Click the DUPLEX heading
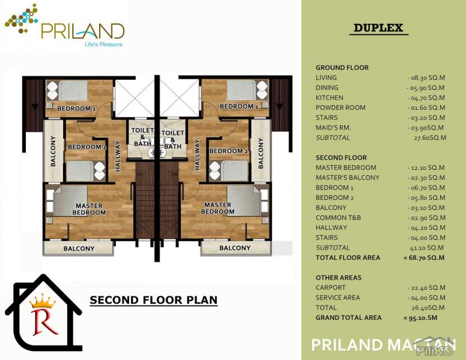click(378, 28)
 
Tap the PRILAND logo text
click(83, 31)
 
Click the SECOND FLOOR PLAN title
click(154, 300)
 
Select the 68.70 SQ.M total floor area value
click(424, 257)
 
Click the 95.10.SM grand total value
click(420, 317)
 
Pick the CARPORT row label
click(330, 287)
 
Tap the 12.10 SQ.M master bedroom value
click(426, 167)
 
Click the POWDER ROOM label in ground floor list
click(340, 107)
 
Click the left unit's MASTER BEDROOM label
click(89, 209)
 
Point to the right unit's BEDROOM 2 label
click(229, 151)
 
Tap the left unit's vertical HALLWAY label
click(118, 156)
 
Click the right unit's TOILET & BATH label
click(173, 140)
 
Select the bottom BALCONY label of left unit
click(79, 248)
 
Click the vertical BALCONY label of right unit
click(261, 153)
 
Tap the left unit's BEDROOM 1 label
click(76, 109)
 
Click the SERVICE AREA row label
click(337, 298)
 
